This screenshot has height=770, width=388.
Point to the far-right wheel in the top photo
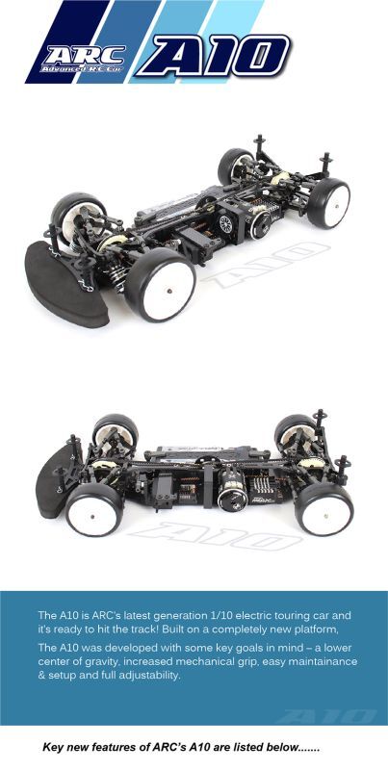(x=328, y=202)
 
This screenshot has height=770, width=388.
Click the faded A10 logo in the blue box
(x=331, y=717)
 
